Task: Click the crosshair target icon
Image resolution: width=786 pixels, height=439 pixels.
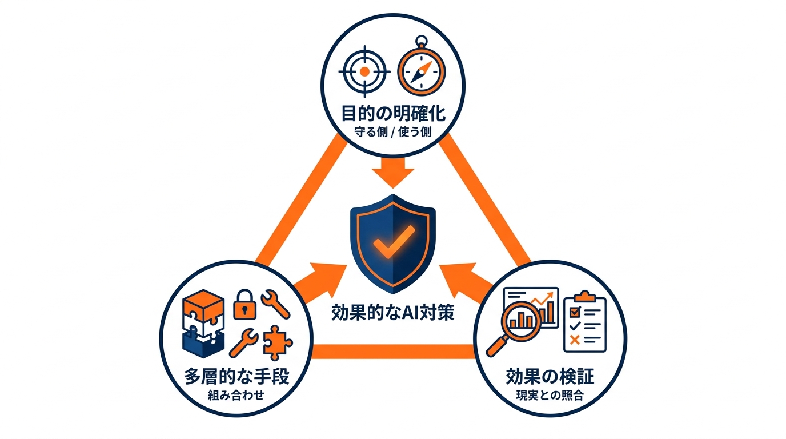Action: [x=364, y=72]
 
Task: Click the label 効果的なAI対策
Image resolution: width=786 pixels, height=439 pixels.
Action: [x=393, y=313]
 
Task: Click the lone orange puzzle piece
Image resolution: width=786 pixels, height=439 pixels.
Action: [x=278, y=342]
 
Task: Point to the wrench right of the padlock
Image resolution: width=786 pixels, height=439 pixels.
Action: [x=275, y=302]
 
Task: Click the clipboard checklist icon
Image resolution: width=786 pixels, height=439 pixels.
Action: [x=584, y=322]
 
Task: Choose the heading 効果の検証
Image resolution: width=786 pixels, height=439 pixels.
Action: [x=550, y=377]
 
